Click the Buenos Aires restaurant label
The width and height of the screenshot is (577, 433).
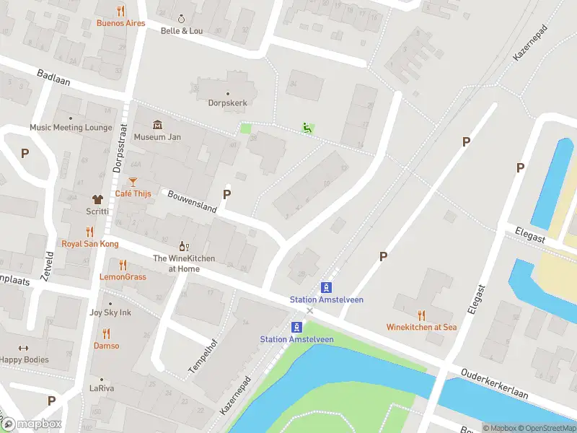120,23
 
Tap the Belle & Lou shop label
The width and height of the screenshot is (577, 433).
182,31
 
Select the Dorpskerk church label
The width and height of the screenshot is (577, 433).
228,102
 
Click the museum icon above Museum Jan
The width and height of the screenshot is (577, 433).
157,125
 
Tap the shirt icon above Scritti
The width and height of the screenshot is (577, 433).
97,199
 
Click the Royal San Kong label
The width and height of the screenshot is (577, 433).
89,244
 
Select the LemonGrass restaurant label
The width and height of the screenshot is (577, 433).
123,277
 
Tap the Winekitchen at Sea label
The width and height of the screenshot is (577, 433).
421,327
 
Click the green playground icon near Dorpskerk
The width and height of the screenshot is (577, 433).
308,128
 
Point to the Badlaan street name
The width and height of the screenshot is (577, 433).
54,77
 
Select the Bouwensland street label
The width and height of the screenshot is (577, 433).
192,201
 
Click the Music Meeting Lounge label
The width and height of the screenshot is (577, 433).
71,128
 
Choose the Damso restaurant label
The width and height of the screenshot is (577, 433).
107,346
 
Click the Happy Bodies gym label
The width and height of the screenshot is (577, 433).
25,359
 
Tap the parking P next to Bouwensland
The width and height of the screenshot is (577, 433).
227,194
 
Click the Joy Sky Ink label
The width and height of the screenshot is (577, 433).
110,312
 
